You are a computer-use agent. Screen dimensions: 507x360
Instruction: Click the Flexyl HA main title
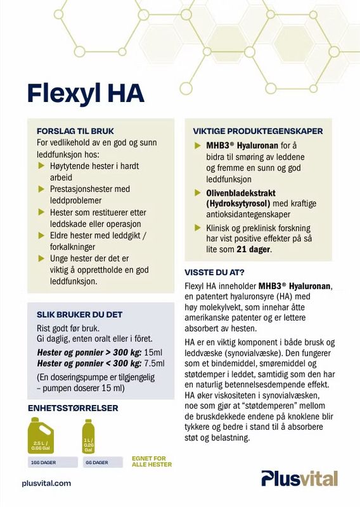click(86, 93)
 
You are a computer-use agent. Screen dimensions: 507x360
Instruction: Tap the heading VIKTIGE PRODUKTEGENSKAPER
click(258, 131)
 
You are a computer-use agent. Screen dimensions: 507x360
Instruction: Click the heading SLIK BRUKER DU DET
click(80, 314)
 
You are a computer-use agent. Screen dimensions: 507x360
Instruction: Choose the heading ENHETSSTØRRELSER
click(73, 408)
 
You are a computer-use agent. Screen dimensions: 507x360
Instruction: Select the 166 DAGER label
click(43, 463)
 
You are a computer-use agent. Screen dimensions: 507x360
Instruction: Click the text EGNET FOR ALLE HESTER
click(151, 461)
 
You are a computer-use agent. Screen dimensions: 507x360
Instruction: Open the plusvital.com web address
click(46, 483)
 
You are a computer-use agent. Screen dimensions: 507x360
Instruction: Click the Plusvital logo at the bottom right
click(300, 478)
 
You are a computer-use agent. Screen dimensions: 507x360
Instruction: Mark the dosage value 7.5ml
click(154, 363)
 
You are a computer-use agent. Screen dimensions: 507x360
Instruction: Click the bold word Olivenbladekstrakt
click(241, 192)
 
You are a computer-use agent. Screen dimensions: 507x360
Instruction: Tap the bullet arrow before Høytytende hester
click(42, 166)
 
